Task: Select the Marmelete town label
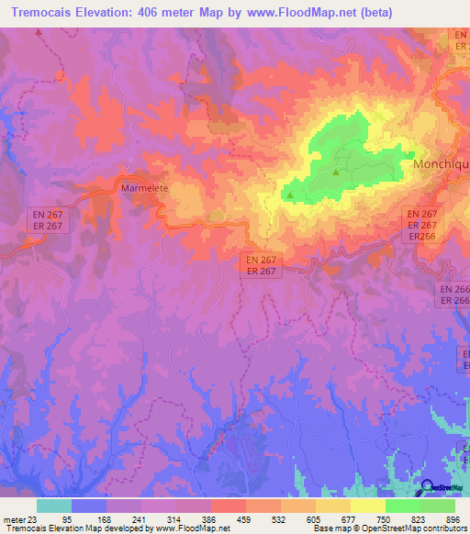[141, 188]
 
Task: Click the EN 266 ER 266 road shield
[454, 295]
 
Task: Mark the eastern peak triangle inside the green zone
[336, 172]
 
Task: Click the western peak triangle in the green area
[291, 194]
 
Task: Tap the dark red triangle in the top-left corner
[39, 32]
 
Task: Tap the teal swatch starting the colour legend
[54, 506]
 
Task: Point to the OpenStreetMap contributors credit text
[413, 529]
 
